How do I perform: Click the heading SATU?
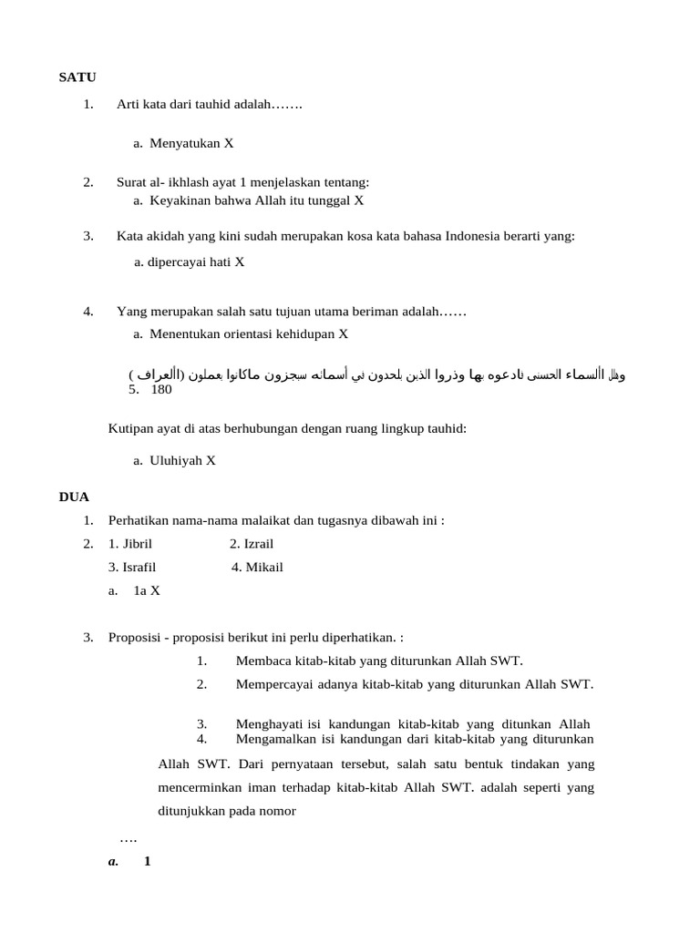[77, 77]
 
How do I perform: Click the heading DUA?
[74, 497]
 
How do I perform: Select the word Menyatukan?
[185, 143]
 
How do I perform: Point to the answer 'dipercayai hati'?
[190, 261]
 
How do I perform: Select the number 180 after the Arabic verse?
[161, 389]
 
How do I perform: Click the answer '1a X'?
[147, 590]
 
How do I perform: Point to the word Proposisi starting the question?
[137, 637]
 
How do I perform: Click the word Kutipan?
[131, 427]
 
